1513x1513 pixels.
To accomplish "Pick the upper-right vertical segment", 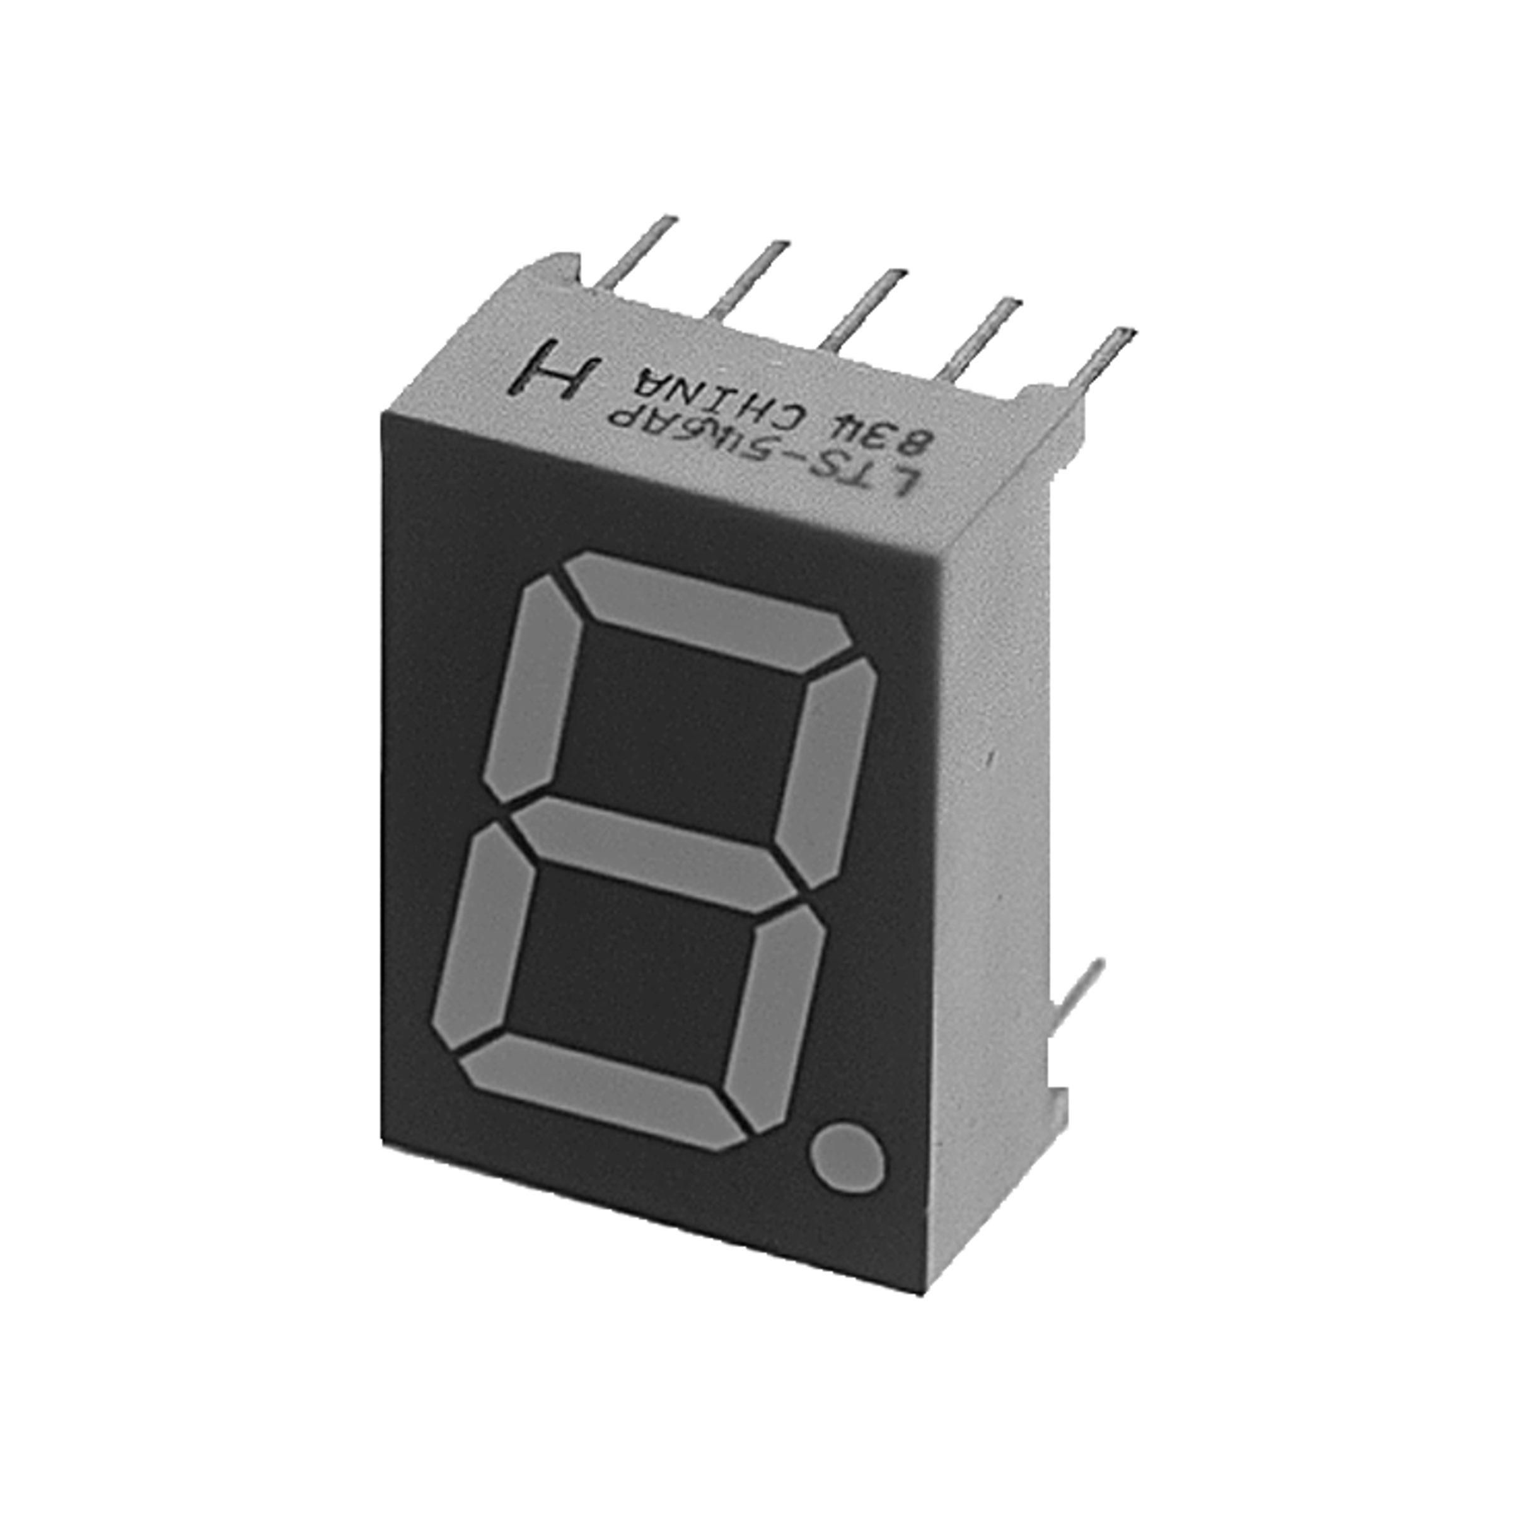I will pyautogui.click(x=827, y=772).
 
